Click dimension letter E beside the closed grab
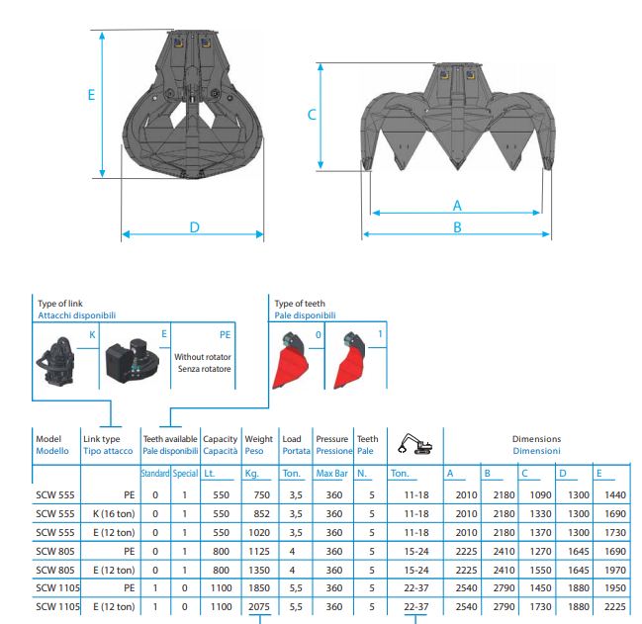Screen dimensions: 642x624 pos(91,95)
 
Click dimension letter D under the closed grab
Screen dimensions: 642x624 pos(195,227)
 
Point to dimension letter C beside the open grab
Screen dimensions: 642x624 pos(312,115)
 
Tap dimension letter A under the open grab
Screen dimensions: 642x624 pos(457,206)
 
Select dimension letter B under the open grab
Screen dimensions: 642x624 pos(457,227)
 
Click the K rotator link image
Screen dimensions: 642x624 pos(56,362)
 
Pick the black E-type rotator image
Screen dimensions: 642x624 pos(132,360)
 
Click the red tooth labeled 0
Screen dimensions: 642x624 pos(290,360)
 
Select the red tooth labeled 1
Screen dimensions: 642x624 pos(350,360)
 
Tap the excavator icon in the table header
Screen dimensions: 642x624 pos(415,444)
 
